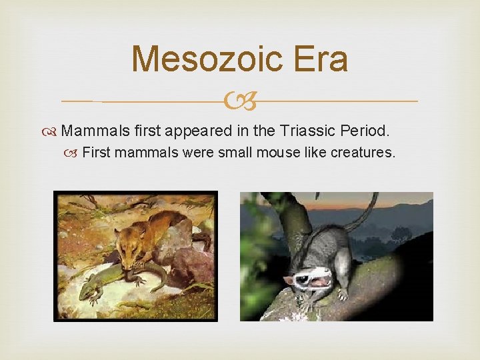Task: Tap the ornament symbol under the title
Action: [240, 102]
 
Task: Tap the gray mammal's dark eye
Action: [302, 278]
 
